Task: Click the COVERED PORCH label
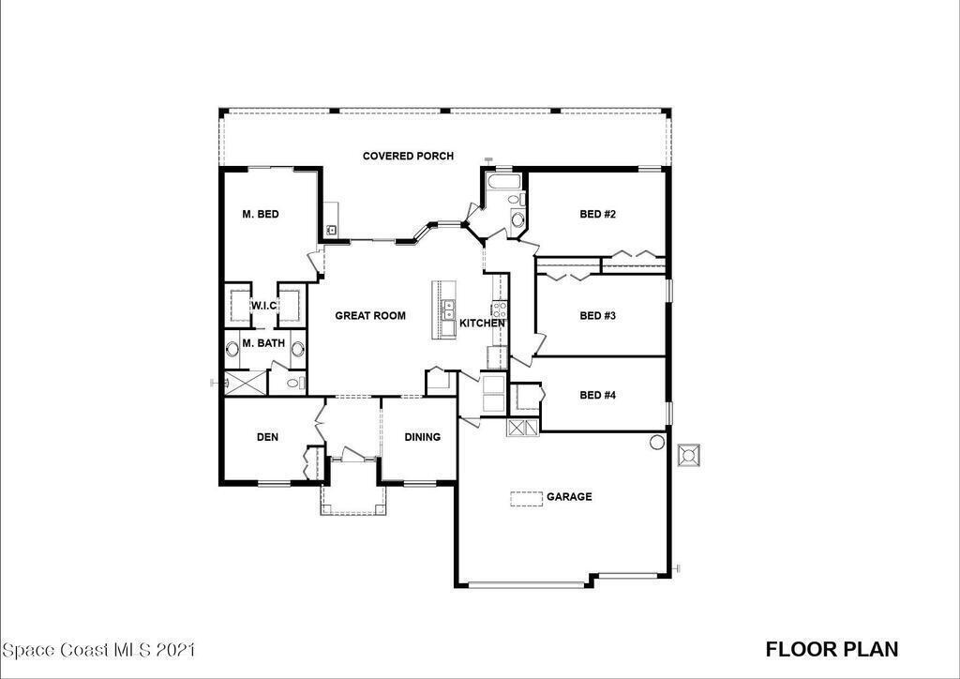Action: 408,156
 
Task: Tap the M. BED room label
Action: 261,214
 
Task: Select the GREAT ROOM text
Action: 369,316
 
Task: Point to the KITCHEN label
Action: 483,323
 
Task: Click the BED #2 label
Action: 597,214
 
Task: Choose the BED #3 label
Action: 597,316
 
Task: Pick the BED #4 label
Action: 597,395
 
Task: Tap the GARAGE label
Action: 569,496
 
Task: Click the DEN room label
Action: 267,437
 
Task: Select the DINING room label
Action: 423,437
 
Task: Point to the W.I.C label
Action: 263,306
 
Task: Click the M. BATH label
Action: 263,343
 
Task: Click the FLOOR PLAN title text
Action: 832,649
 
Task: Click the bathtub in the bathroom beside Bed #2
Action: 503,181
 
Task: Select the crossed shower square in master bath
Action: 246,383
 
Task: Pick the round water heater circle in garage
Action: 657,442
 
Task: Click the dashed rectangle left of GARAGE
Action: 527,499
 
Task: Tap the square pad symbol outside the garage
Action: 689,456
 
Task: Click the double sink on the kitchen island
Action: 449,309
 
